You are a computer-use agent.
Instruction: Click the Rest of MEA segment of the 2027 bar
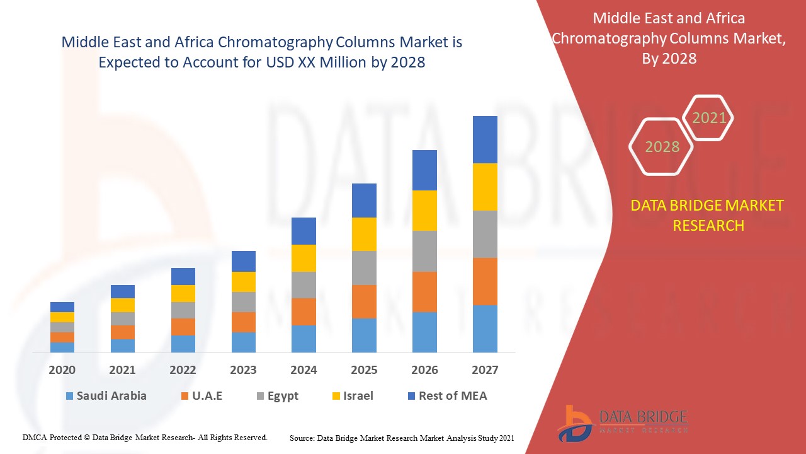[485, 139]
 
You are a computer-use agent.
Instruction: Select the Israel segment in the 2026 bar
[424, 211]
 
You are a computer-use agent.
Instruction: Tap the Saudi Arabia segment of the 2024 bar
[304, 339]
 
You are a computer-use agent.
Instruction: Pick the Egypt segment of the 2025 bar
[364, 268]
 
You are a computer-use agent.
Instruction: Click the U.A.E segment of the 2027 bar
[485, 281]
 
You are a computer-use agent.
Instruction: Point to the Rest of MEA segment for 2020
[62, 307]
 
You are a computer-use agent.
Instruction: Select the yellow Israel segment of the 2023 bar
[244, 282]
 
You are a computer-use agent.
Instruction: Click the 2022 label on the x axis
[183, 370]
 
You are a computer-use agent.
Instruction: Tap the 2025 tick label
[364, 370]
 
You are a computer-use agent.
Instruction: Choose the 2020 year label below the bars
[62, 370]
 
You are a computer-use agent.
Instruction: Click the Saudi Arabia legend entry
[106, 396]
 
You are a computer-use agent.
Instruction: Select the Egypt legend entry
[277, 396]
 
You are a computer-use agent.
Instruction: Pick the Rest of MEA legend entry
[447, 396]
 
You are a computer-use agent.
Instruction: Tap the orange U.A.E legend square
[184, 397]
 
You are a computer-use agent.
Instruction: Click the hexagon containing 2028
[661, 147]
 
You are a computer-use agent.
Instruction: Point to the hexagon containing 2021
[709, 118]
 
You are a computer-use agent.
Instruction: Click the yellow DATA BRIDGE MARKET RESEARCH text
[708, 215]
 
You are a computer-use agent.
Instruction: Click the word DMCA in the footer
[35, 437]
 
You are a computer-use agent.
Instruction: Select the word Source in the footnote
[302, 438]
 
